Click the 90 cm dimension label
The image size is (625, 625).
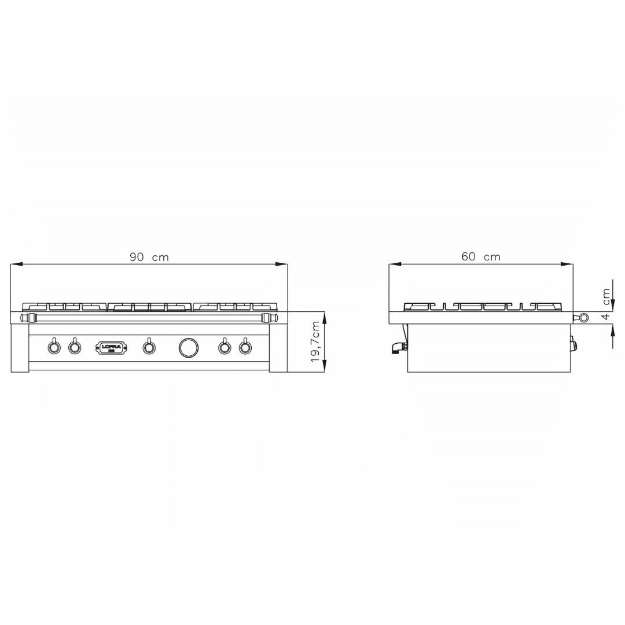click(x=149, y=257)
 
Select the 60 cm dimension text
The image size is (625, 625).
click(x=481, y=256)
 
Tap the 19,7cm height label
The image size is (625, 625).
click(x=316, y=342)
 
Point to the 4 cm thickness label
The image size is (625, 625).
click(x=606, y=306)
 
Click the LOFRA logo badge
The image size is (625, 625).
click(x=108, y=347)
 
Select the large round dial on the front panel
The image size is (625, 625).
click(x=188, y=347)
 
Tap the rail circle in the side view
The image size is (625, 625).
click(x=583, y=317)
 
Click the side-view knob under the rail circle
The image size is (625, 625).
click(x=573, y=345)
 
